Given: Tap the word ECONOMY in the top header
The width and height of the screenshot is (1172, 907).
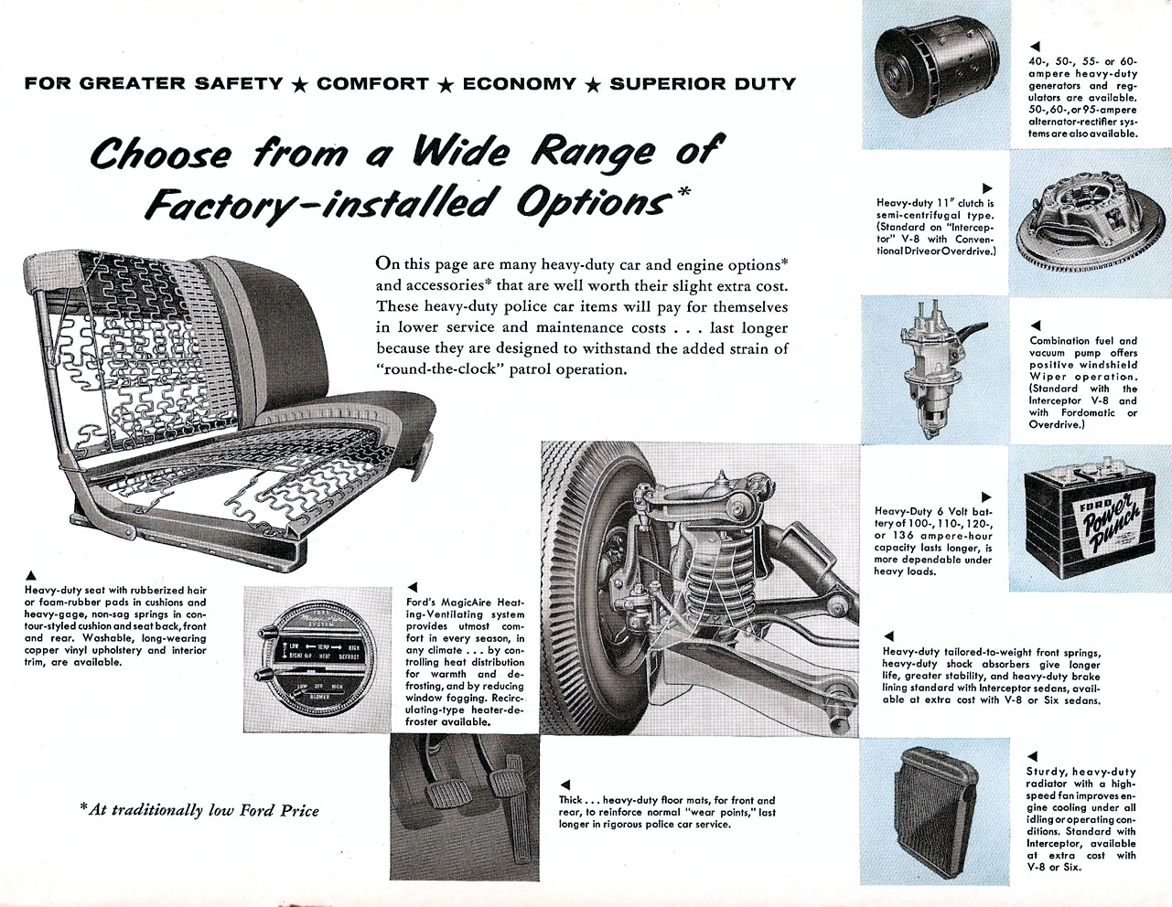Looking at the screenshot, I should (x=519, y=84).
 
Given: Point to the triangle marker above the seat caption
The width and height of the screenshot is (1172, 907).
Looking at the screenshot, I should (x=31, y=574).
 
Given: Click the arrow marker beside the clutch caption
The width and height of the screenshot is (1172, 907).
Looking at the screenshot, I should (x=986, y=187).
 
